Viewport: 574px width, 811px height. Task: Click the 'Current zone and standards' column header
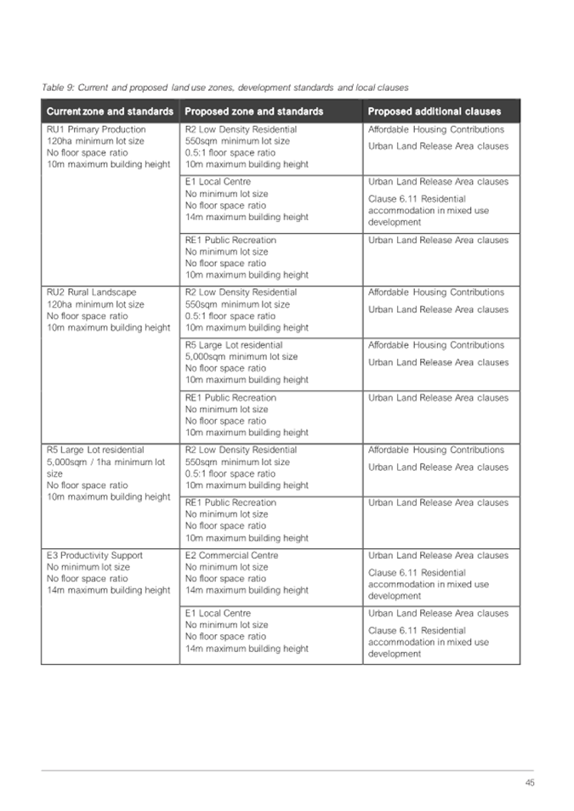pos(110,111)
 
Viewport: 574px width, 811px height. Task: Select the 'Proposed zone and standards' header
pos(253,111)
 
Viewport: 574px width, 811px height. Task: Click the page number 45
pos(529,783)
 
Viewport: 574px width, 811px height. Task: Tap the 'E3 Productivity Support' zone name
pos(94,556)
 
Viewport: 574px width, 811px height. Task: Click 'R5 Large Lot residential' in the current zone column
pos(95,451)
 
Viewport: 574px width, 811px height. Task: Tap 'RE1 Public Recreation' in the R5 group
pos(230,503)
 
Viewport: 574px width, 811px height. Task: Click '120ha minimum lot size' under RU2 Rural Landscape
pos(95,304)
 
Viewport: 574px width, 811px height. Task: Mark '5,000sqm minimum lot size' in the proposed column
pos(242,357)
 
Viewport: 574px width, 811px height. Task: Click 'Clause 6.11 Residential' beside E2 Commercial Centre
pos(417,573)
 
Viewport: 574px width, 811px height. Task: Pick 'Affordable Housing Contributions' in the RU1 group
pos(435,130)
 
